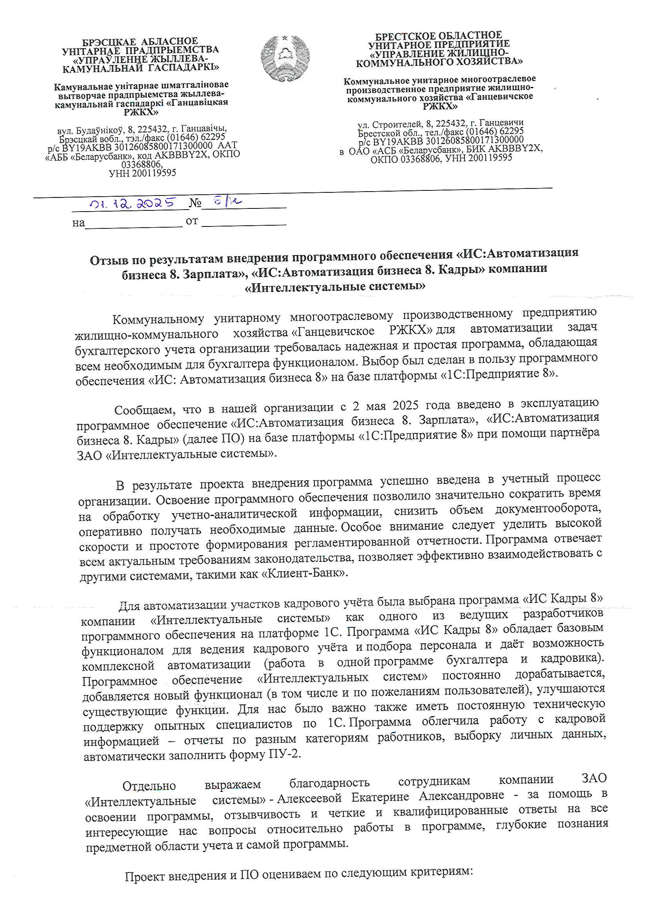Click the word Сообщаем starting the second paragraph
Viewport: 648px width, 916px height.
tap(145, 410)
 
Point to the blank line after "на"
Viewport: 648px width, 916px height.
tap(133, 223)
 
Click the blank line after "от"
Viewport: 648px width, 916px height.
tap(243, 222)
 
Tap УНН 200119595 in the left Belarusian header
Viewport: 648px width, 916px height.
tap(142, 173)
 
